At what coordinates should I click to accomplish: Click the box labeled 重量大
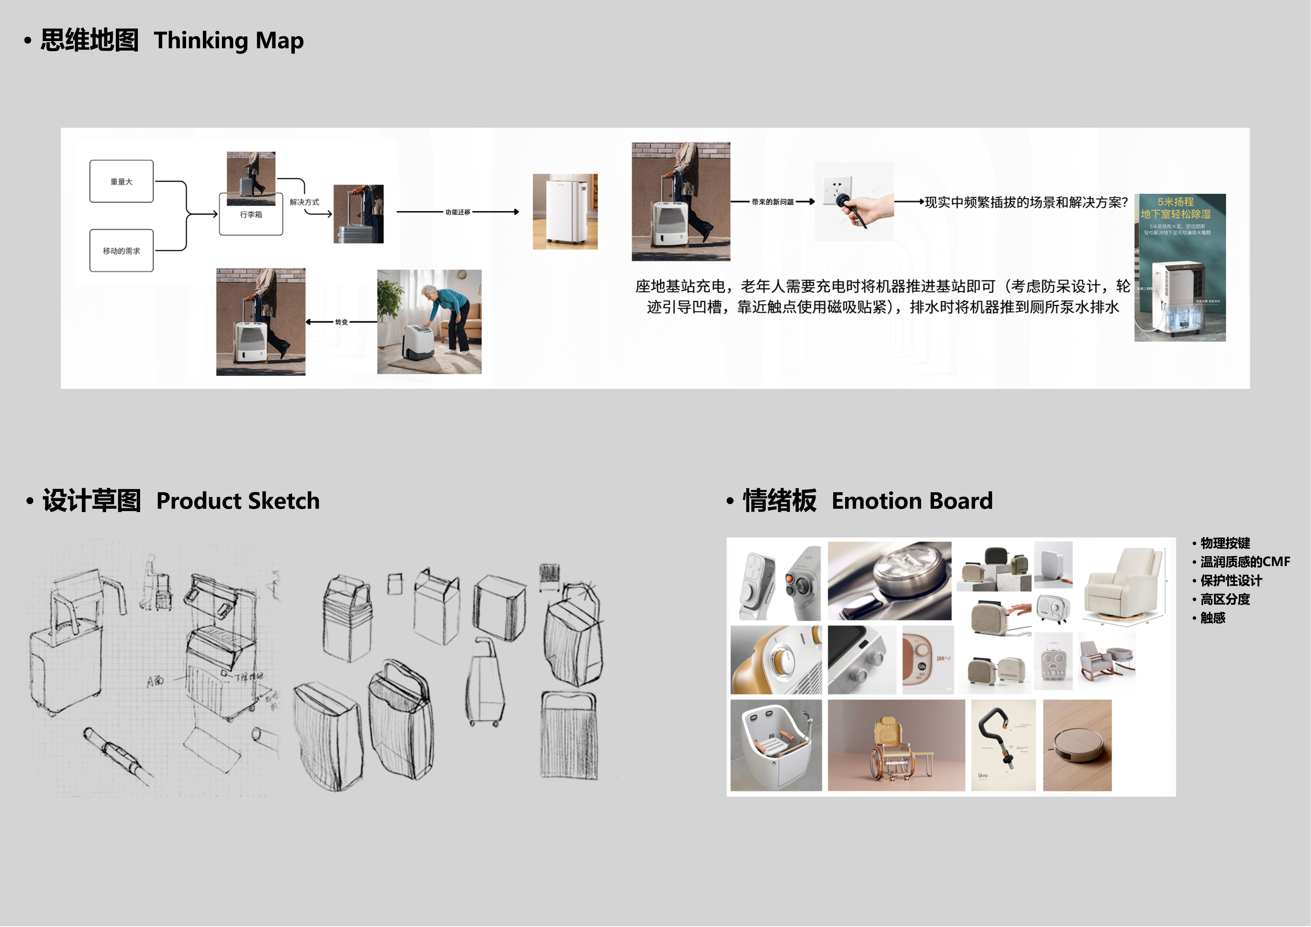coord(121,182)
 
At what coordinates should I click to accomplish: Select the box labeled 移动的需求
coord(121,251)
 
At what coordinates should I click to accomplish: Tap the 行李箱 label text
coord(251,215)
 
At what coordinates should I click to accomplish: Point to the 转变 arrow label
coord(341,322)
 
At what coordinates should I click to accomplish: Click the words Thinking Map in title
coord(228,41)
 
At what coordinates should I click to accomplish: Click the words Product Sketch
coord(238,500)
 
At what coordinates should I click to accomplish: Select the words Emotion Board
coord(912,500)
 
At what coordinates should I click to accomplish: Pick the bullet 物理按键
coord(1225,543)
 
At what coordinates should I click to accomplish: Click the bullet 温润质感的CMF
coord(1245,562)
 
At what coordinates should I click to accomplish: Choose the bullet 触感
coord(1212,618)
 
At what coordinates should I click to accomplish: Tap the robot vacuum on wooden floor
coord(1077,745)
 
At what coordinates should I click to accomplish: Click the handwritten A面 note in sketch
coord(155,681)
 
